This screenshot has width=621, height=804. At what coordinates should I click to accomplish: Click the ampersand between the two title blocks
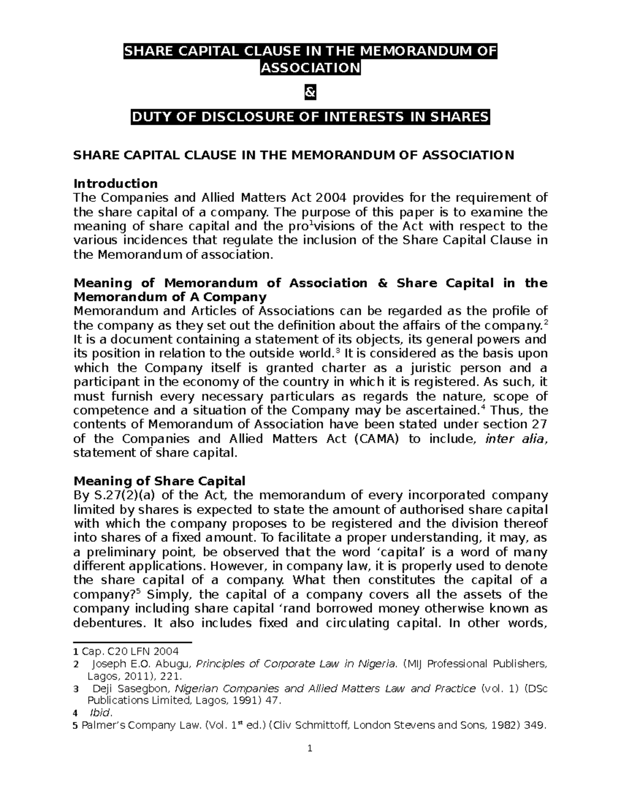pyautogui.click(x=310, y=93)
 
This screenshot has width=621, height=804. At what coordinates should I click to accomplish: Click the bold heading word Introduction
pyautogui.click(x=115, y=183)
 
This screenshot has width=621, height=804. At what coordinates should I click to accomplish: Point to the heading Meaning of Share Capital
pyautogui.click(x=159, y=481)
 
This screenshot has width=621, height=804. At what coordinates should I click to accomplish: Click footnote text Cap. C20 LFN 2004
pyautogui.click(x=130, y=651)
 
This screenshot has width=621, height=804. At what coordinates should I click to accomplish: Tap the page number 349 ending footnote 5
pyautogui.click(x=535, y=725)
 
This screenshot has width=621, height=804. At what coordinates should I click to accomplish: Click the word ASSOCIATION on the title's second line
pyautogui.click(x=310, y=67)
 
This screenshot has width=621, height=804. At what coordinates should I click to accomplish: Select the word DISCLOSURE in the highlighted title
pyautogui.click(x=225, y=118)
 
